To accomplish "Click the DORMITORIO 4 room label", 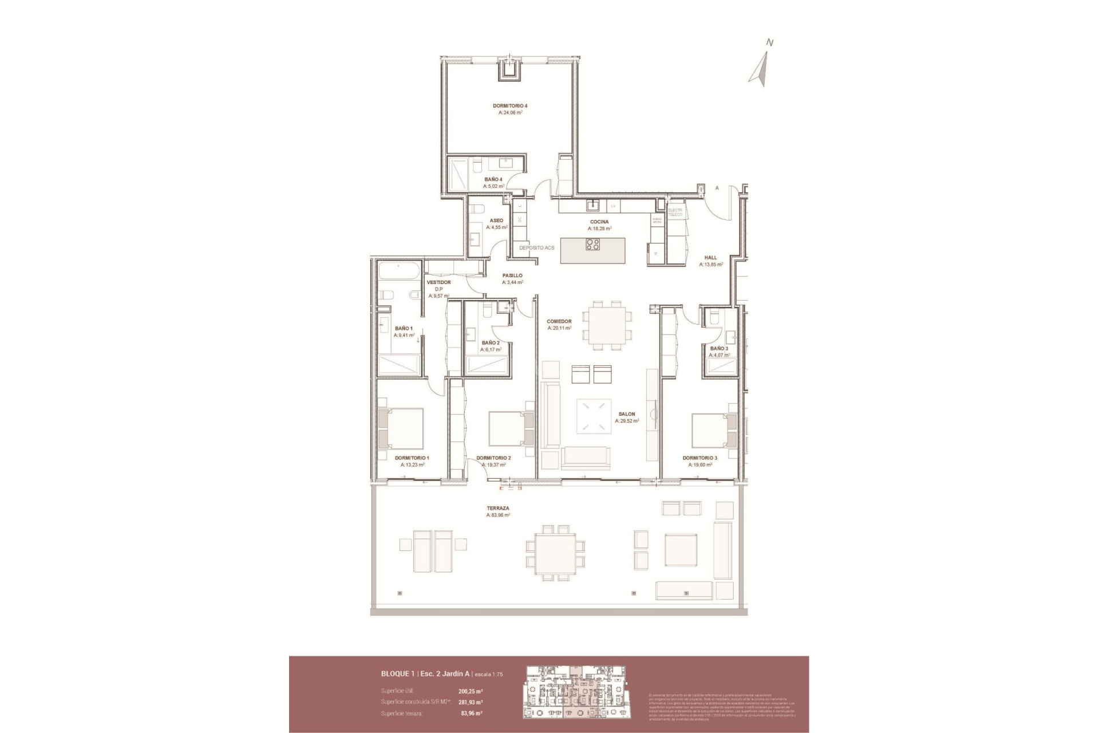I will [509, 106].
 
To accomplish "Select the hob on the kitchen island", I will [592, 245].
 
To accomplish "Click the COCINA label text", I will [599, 222].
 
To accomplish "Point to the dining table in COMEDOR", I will [607, 325].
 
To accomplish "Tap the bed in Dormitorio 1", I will [400, 428].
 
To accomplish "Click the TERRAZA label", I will [497, 508].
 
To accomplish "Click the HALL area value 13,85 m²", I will [711, 265].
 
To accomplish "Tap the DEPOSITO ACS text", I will [536, 248].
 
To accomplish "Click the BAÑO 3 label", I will [719, 348].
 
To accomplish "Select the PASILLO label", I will [512, 275].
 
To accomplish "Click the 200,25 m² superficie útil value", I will [470, 691].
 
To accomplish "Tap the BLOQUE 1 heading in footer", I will [398, 674].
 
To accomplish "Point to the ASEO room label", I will [496, 220].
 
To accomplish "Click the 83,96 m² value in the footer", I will [471, 714].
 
